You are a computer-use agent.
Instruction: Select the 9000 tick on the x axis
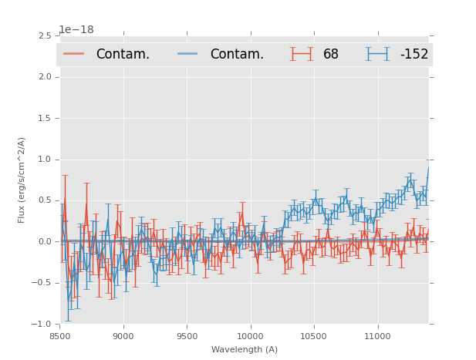(x=123, y=336)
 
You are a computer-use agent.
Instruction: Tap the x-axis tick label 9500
(x=187, y=336)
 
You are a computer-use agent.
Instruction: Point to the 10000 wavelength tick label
(x=250, y=336)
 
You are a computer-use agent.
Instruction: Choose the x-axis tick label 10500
(x=313, y=336)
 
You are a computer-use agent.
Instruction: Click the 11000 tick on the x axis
(x=377, y=336)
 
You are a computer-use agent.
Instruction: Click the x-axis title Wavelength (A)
(x=245, y=349)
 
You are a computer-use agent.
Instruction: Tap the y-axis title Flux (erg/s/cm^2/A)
(x=22, y=180)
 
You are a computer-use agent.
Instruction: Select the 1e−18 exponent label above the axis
(x=76, y=30)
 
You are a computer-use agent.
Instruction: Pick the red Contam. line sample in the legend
(x=74, y=54)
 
